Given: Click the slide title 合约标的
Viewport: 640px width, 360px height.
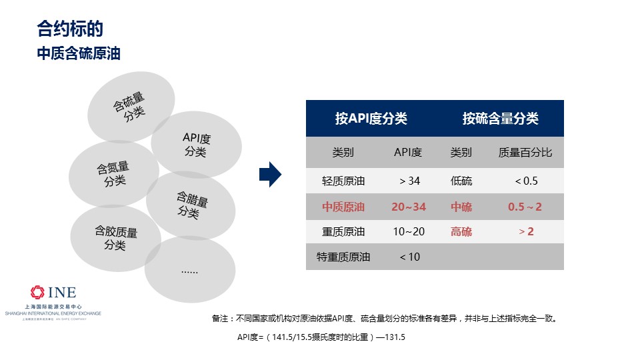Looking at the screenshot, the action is (x=70, y=29).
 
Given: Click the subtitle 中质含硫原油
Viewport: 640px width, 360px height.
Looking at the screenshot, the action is (x=79, y=53).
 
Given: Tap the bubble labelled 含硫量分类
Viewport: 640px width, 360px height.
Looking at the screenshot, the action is (x=131, y=107).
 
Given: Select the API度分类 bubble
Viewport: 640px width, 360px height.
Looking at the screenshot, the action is (x=196, y=145).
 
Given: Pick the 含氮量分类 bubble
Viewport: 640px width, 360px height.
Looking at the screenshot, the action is (x=114, y=174).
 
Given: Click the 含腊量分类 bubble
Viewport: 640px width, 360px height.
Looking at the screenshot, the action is (x=191, y=205).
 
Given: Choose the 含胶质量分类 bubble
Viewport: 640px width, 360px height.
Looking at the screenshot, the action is (x=115, y=239).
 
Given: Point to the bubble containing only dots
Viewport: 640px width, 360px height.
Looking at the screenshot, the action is (x=190, y=269).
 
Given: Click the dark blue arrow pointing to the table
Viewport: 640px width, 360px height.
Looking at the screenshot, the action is (x=270, y=174).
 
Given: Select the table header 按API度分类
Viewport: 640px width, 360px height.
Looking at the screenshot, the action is (x=371, y=119).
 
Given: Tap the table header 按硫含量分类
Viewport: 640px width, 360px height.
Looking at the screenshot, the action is (x=501, y=119).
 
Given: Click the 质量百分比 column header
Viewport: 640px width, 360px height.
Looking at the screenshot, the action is (x=525, y=152).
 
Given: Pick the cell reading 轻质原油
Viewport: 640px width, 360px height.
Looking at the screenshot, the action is (x=343, y=181).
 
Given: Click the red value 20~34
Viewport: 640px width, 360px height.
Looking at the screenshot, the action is (x=409, y=207).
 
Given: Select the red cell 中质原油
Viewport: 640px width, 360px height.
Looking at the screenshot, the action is (x=343, y=207).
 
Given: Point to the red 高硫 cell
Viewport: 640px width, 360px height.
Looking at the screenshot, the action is (x=461, y=232).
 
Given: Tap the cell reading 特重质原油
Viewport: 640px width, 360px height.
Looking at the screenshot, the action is (x=343, y=257).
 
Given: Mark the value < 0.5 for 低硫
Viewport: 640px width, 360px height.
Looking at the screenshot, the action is (x=526, y=181).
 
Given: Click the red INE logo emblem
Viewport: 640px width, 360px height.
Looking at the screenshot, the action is (x=37, y=292).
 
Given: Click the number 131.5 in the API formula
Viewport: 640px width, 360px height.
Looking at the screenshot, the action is (x=395, y=337).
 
